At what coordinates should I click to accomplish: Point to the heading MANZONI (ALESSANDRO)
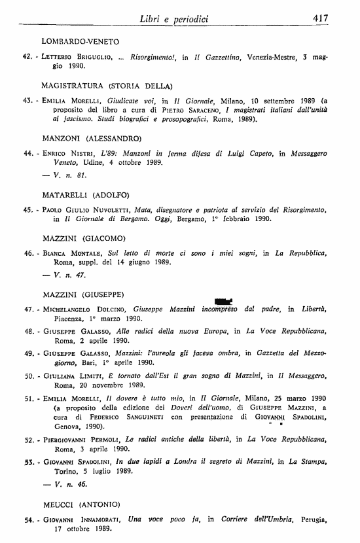coord(92,138)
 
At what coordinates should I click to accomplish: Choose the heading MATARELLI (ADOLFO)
coord(86,194)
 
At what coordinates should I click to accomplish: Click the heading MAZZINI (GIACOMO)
coord(84,237)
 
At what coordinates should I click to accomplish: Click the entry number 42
coord(27,56)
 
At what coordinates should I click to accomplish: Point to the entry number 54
coord(27,519)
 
